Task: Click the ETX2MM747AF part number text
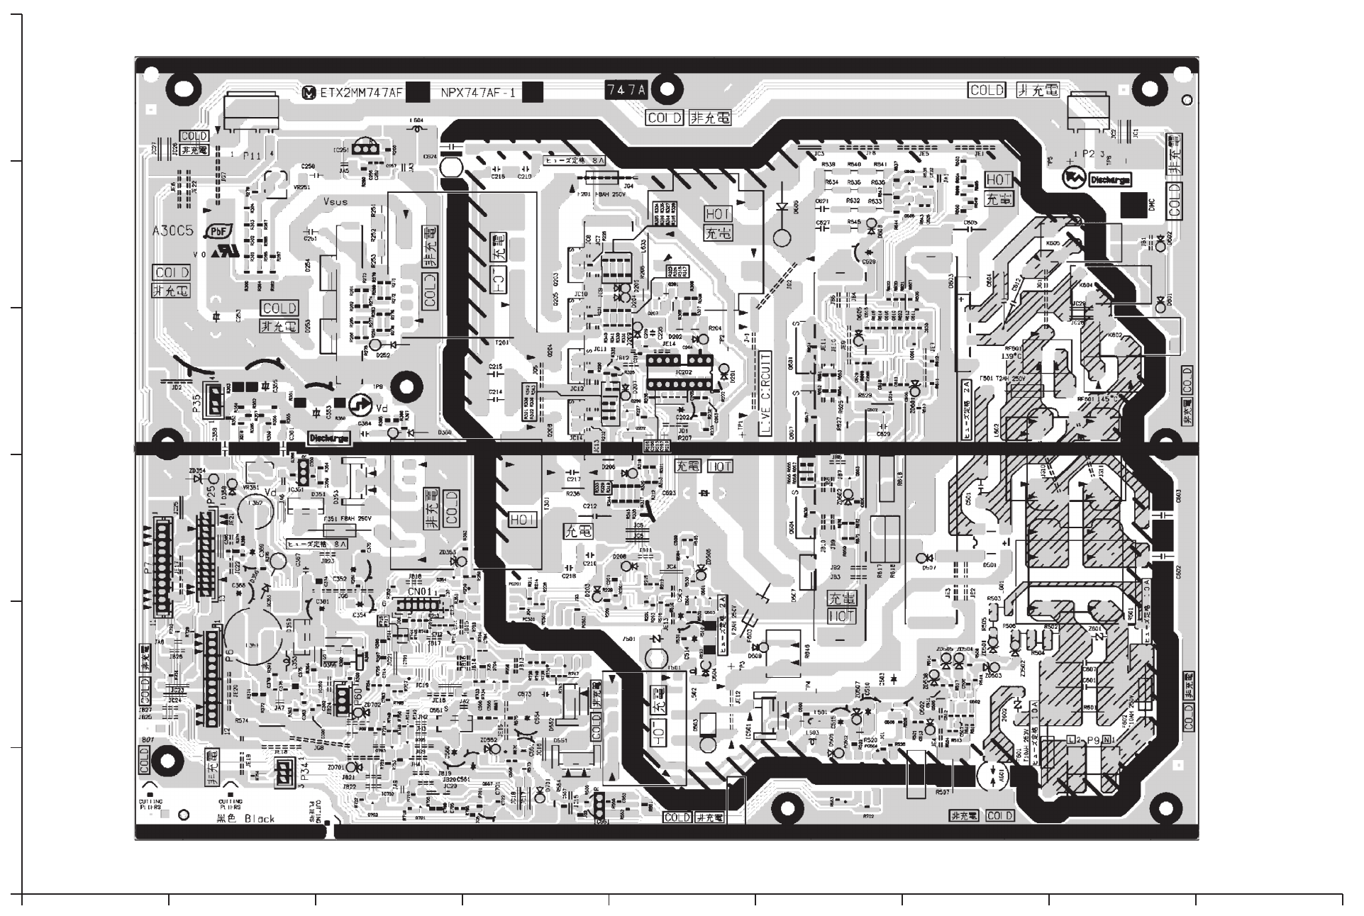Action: click(362, 92)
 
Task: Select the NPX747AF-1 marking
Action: click(478, 92)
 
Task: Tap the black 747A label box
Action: click(626, 90)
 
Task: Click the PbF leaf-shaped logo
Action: click(216, 232)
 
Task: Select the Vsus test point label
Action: click(335, 202)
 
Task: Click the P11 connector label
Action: click(252, 155)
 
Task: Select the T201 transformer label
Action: click(501, 343)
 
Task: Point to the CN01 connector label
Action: click(418, 591)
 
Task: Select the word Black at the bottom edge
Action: click(260, 819)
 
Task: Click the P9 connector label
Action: click(1092, 740)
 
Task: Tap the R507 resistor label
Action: click(943, 791)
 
